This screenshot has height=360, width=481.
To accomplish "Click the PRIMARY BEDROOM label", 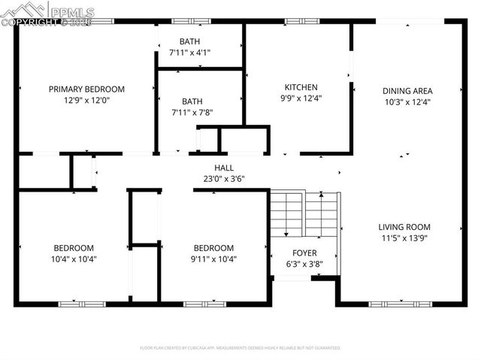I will click(x=86, y=89).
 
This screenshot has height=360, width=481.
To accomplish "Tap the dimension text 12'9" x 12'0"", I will click(x=86, y=99).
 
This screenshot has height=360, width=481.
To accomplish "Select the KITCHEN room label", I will click(x=301, y=87).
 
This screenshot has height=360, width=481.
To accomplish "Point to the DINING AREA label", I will click(x=407, y=91).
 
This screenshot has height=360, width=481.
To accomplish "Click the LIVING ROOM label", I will click(x=404, y=227).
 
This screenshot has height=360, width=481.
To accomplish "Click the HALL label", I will click(x=224, y=168).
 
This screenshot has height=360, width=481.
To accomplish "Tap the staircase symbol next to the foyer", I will click(x=304, y=212).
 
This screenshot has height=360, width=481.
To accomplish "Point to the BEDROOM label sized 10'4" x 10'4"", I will click(x=74, y=248).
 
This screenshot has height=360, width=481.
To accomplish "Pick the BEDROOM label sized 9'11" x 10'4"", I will click(x=213, y=248).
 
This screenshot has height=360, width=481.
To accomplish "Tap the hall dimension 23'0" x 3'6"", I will click(x=224, y=179).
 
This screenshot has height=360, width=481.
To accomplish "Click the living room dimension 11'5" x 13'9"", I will click(x=404, y=237).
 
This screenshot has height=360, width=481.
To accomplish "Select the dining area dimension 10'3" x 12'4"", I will click(x=407, y=101).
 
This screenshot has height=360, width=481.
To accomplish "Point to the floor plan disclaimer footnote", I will click(x=240, y=348).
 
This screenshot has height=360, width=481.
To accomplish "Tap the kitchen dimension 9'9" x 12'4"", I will click(x=301, y=98).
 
